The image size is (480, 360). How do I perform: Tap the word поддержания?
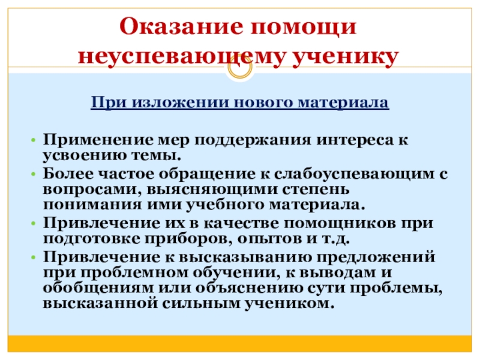coord(233,140)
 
